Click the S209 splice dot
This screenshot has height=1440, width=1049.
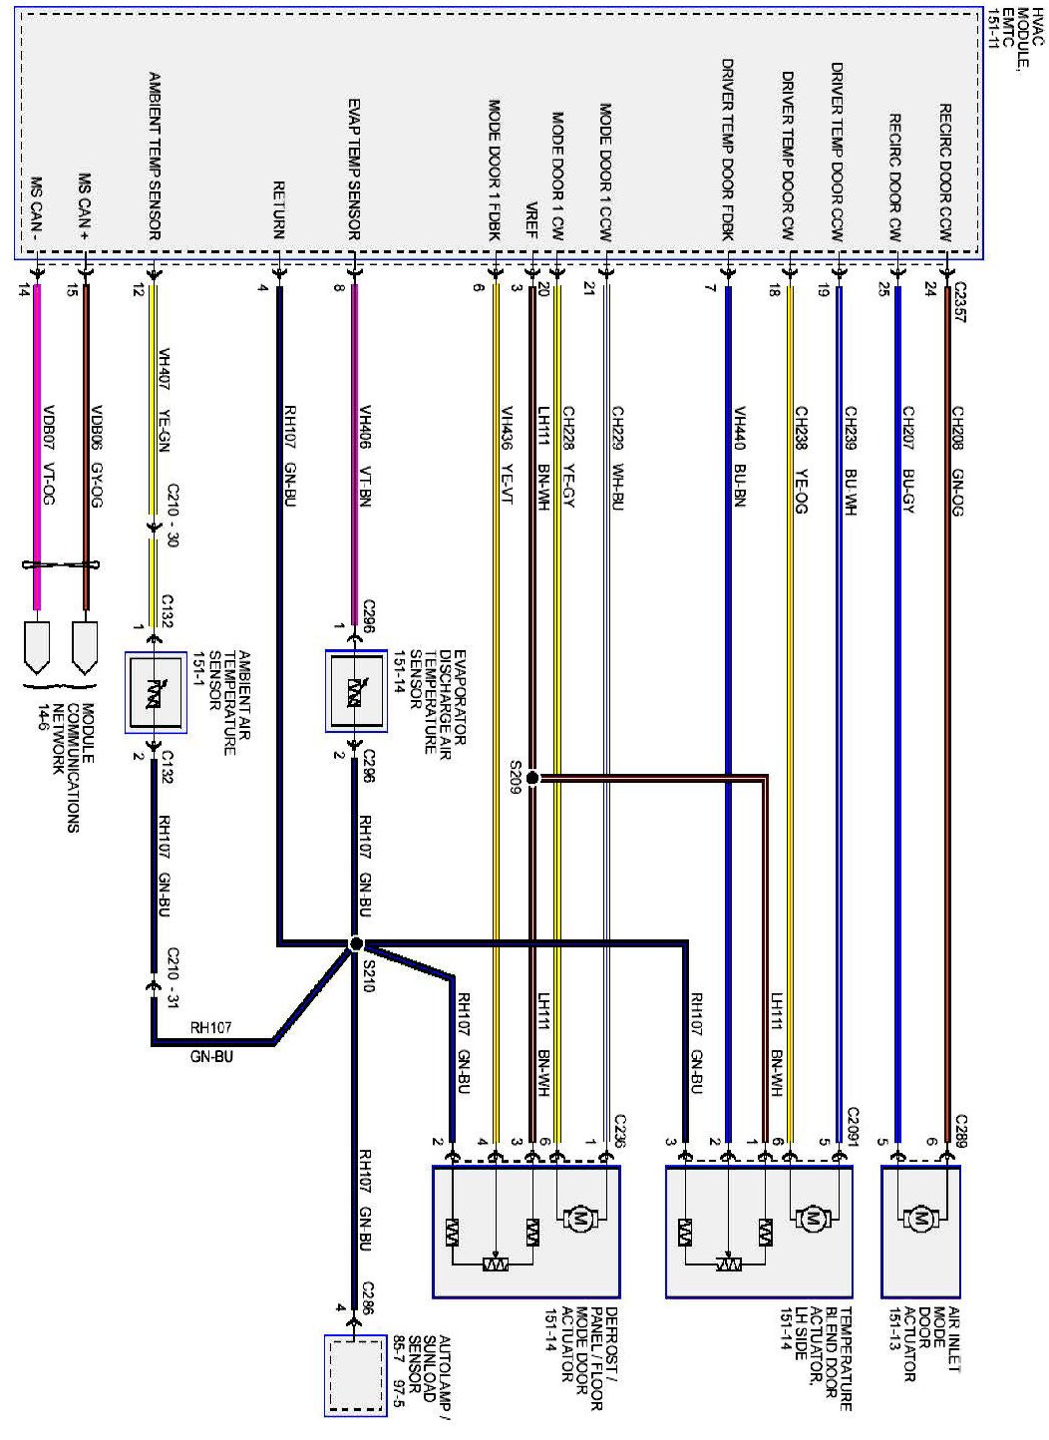click(531, 777)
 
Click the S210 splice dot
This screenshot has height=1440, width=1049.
click(356, 943)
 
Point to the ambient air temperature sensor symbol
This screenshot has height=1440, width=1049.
click(155, 693)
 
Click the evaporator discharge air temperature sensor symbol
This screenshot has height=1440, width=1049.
click(356, 691)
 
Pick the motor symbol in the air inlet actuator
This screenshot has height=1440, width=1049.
click(920, 1218)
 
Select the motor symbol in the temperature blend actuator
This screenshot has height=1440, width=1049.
click(812, 1218)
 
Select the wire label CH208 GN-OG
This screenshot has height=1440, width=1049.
click(957, 460)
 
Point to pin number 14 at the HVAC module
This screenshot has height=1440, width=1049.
click(25, 290)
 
